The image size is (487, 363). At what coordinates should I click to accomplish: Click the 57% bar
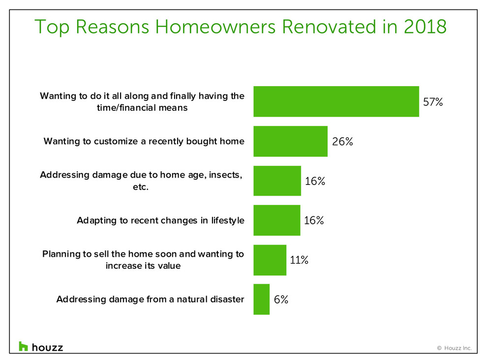point(336,101)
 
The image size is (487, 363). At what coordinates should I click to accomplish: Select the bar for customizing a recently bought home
point(290,141)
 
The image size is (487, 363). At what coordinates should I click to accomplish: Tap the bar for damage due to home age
point(277,181)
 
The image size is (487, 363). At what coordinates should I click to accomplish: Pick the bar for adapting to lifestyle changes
point(277,220)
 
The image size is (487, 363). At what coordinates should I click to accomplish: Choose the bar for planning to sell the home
point(270,260)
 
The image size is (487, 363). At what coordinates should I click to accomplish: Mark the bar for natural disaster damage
point(262,300)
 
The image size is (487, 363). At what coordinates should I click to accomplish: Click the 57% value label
point(433,102)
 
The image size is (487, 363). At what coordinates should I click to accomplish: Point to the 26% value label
point(342,142)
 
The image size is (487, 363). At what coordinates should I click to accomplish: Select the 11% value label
point(299,260)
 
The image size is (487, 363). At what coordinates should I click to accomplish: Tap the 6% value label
point(281,300)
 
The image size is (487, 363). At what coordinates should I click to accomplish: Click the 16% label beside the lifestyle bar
point(314,220)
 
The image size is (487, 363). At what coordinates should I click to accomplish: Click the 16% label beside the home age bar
point(315,181)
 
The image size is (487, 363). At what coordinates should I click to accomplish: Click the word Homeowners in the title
point(215,27)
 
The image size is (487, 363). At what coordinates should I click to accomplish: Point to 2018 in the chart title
point(425,27)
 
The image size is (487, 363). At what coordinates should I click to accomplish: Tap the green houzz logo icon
point(23,346)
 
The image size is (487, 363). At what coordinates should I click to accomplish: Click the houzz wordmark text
point(48,347)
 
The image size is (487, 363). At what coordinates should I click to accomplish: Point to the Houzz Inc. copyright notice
point(455,348)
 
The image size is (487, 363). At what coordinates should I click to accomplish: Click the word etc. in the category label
point(141,187)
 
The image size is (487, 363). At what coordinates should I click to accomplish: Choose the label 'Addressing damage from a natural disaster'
point(151,300)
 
